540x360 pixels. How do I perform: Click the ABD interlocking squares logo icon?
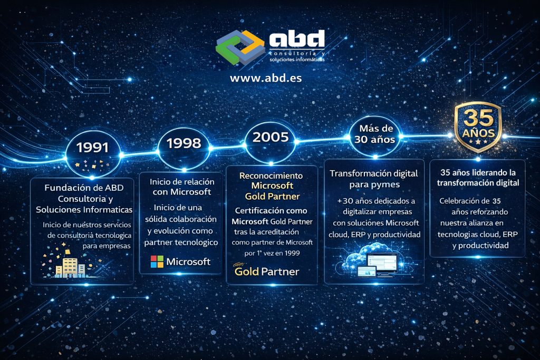(x=240, y=47)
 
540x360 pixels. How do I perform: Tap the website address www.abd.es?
(x=266, y=77)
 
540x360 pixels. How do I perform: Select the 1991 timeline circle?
(x=92, y=148)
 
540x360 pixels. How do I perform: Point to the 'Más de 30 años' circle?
(x=374, y=135)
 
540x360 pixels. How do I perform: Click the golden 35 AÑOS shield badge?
(x=478, y=127)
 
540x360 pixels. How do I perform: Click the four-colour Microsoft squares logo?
(x=157, y=261)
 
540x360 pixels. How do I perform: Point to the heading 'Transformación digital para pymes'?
(x=373, y=179)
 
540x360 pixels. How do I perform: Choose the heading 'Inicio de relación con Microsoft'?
(x=180, y=187)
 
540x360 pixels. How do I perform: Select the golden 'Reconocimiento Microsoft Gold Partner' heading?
(x=272, y=186)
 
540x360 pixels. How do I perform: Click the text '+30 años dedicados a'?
(x=376, y=201)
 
